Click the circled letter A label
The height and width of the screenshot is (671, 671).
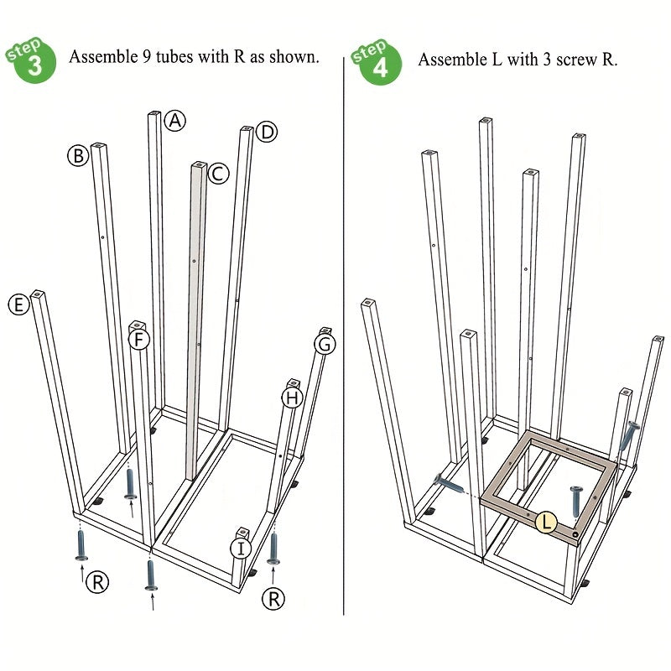(x=174, y=121)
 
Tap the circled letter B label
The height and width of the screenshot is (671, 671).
(x=78, y=156)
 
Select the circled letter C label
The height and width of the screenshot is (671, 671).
(x=218, y=174)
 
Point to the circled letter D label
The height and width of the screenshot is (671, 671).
(x=267, y=133)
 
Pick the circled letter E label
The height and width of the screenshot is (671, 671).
(x=18, y=305)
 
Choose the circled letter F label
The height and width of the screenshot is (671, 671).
(x=139, y=341)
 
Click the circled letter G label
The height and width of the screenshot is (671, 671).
(x=325, y=344)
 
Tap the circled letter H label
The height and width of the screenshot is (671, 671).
(x=292, y=398)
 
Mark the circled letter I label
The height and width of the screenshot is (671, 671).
(x=241, y=549)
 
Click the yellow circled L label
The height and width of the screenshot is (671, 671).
(x=547, y=522)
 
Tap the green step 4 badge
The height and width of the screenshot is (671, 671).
(x=376, y=62)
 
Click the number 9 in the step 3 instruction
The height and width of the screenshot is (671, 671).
(x=146, y=56)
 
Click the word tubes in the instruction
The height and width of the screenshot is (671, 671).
(x=175, y=56)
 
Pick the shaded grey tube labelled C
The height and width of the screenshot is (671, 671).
(x=196, y=320)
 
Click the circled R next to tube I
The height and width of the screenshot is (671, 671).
(x=273, y=599)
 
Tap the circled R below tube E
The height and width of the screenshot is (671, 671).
(x=97, y=582)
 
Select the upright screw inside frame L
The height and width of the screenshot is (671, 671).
(x=576, y=501)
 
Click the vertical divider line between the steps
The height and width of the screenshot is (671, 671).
(x=344, y=336)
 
